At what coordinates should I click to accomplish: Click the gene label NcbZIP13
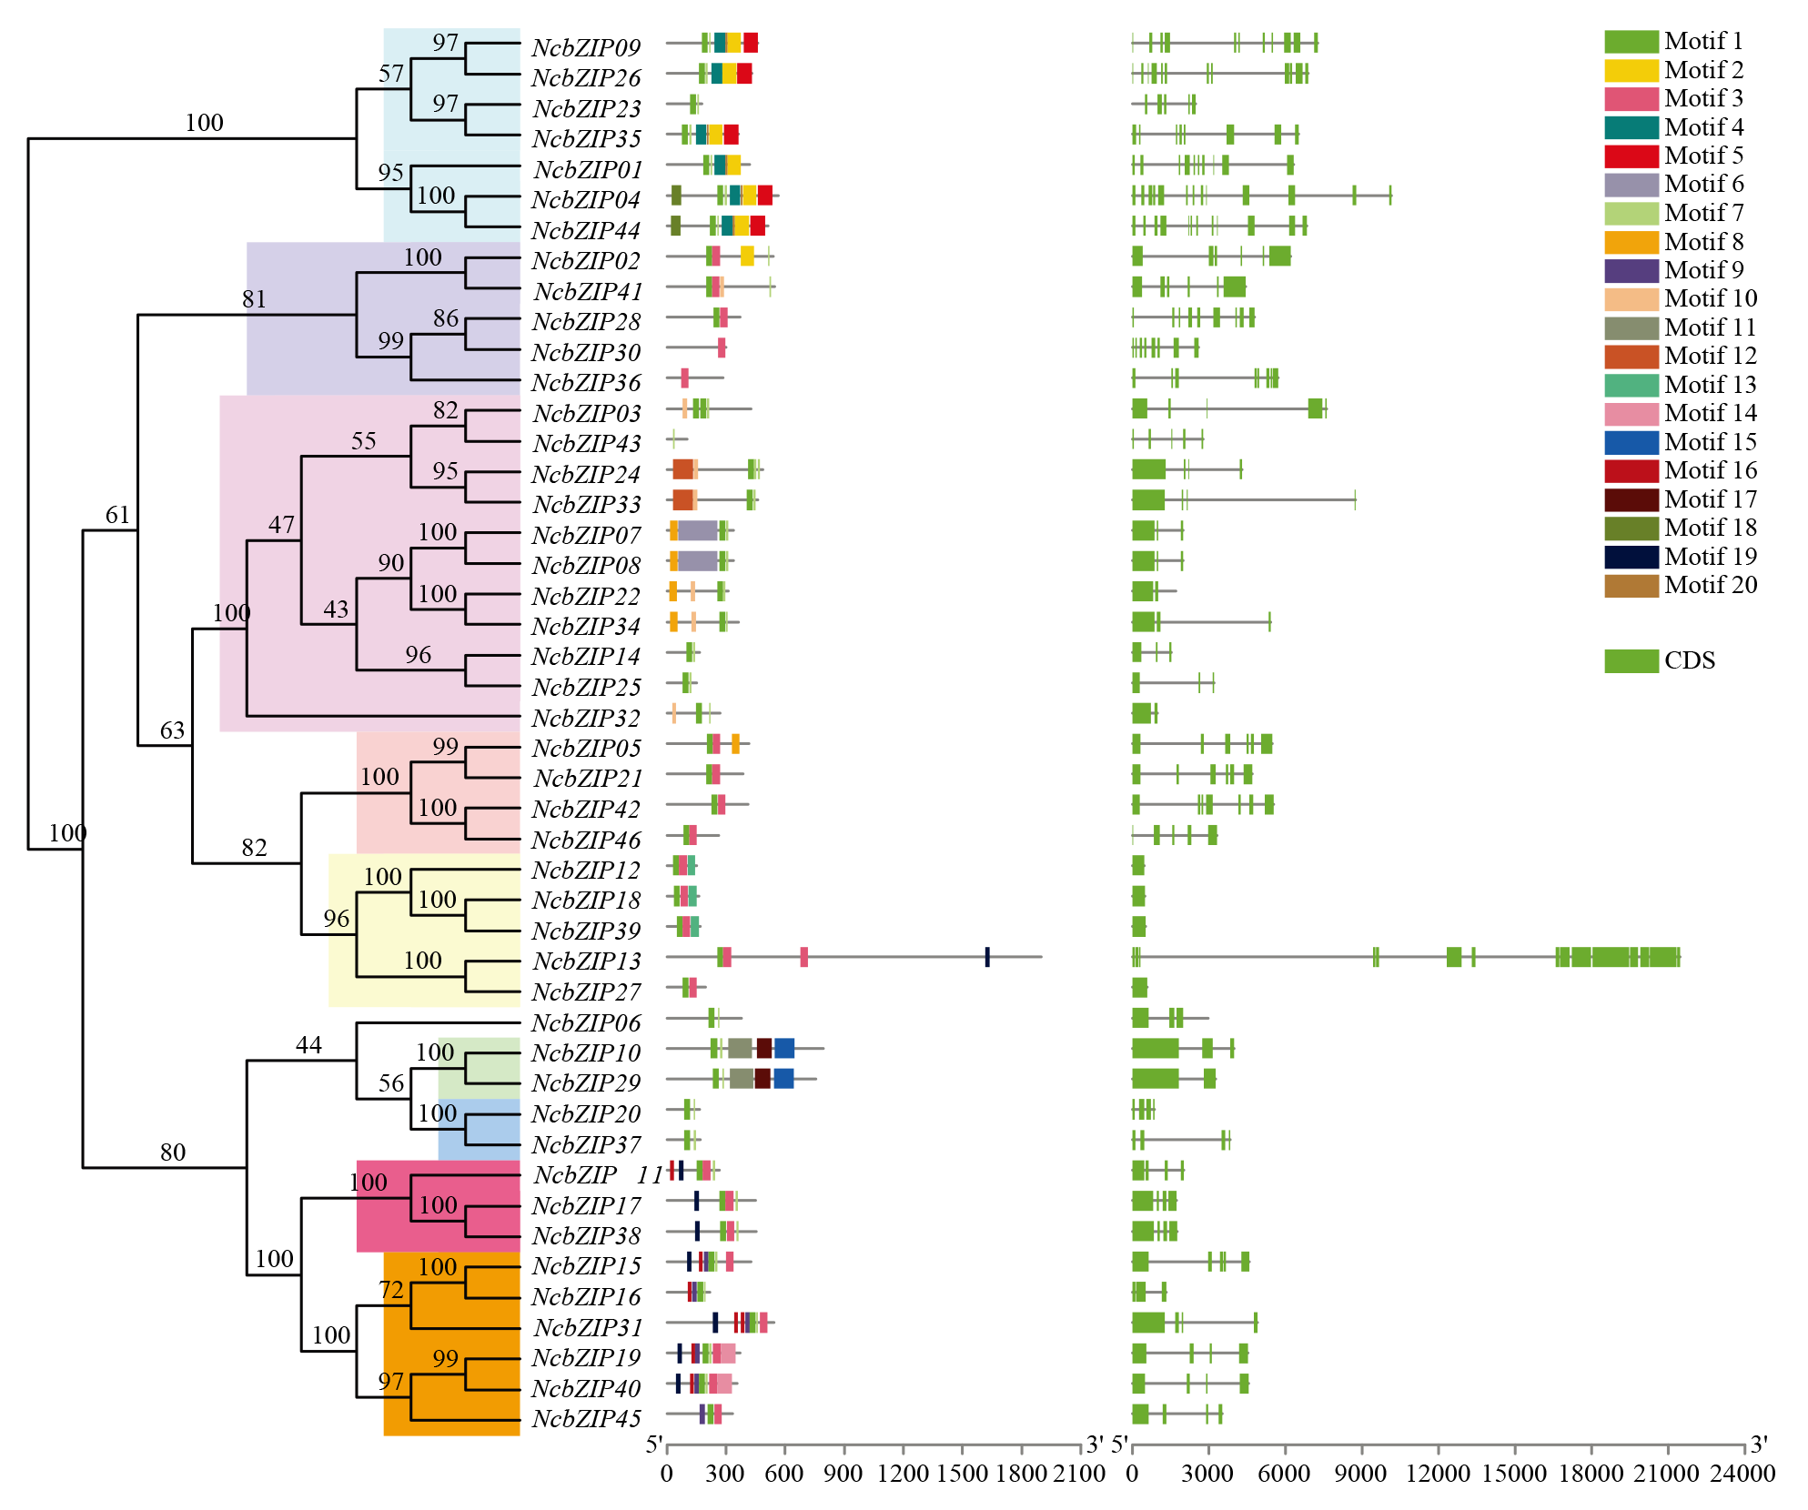coord(587,961)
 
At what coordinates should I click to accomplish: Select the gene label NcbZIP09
coord(587,47)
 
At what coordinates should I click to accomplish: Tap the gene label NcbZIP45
coord(587,1418)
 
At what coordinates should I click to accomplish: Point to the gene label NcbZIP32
coord(587,718)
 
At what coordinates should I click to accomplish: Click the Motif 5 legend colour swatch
coord(1631,156)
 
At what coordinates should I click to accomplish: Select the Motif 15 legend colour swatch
coord(1631,442)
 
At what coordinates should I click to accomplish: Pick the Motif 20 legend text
coord(1711,585)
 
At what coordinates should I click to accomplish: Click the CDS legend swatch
coord(1631,661)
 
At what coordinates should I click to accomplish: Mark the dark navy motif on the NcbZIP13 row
coord(987,957)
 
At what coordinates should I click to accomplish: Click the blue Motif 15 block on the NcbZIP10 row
coord(784,1049)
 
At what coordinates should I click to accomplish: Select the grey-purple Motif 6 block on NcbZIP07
coord(698,531)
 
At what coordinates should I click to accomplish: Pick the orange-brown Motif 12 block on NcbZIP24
coord(683,469)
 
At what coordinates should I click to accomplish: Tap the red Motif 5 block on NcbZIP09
coord(751,43)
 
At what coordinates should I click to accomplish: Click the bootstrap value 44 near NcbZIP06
coord(308,1045)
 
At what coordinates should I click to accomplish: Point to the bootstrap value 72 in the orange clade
coord(391,1290)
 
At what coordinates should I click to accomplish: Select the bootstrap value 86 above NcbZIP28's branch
coord(446,318)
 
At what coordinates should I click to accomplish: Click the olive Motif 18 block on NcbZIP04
coord(676,196)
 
